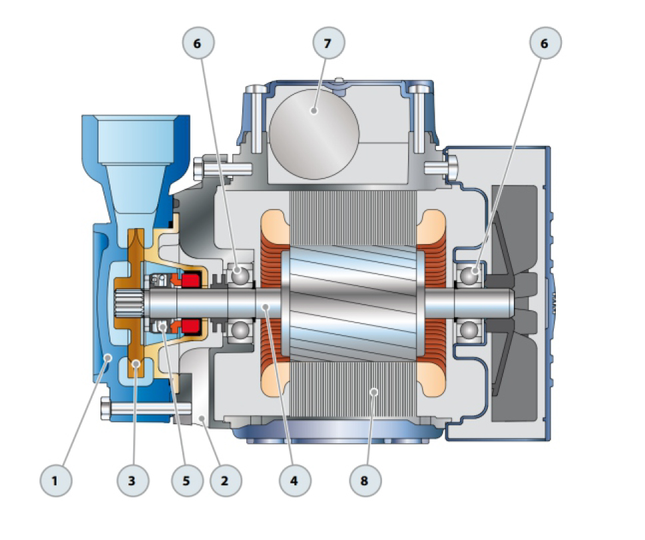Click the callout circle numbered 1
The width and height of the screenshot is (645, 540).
pos(55,480)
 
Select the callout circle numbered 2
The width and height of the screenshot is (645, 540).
pos(226,480)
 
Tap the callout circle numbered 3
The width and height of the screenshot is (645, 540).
pos(133,480)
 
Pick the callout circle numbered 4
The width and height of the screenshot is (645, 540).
pos(295,480)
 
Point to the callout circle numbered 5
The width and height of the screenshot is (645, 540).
pos(187,480)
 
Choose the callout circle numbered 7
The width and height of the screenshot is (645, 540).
pos(328,43)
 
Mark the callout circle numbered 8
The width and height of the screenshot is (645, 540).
pos(365,480)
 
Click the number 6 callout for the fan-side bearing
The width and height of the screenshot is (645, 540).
pos(545,43)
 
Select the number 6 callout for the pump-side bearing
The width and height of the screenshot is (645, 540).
pos(198,43)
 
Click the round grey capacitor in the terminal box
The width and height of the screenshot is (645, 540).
pos(314,134)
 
